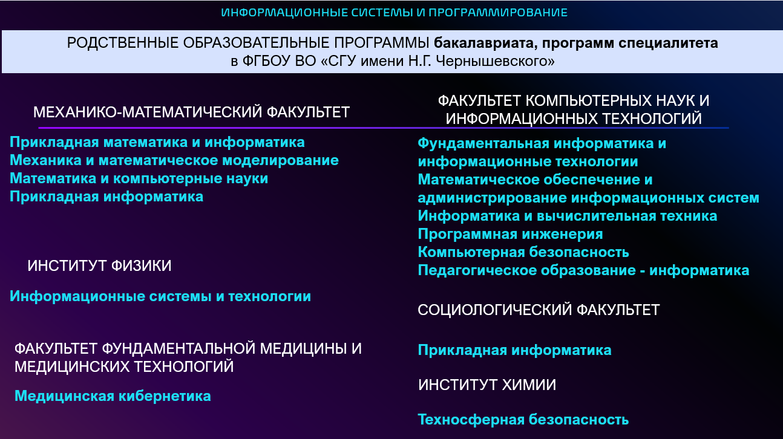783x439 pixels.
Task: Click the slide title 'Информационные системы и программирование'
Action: (x=394, y=13)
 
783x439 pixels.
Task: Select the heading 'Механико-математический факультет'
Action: (x=191, y=112)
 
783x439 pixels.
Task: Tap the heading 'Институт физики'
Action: (x=99, y=266)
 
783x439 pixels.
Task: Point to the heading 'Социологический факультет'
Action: (x=539, y=310)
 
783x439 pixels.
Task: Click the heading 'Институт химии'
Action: (x=487, y=385)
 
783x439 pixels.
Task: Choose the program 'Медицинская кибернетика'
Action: (x=113, y=396)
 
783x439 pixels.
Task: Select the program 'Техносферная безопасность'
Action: (x=523, y=420)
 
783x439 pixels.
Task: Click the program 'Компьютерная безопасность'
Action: (x=523, y=252)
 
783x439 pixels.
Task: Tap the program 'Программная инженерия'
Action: (x=510, y=234)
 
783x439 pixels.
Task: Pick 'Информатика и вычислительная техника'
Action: (x=568, y=216)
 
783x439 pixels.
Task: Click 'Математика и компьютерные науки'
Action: (x=139, y=178)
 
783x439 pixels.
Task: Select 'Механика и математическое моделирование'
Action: (x=174, y=160)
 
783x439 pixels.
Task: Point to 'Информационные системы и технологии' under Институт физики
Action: (x=160, y=296)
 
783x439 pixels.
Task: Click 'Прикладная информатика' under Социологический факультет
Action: (x=514, y=350)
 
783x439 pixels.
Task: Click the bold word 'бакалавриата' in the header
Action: (x=484, y=43)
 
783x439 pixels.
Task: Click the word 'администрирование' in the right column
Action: (x=492, y=198)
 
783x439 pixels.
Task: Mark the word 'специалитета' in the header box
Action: (x=668, y=43)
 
